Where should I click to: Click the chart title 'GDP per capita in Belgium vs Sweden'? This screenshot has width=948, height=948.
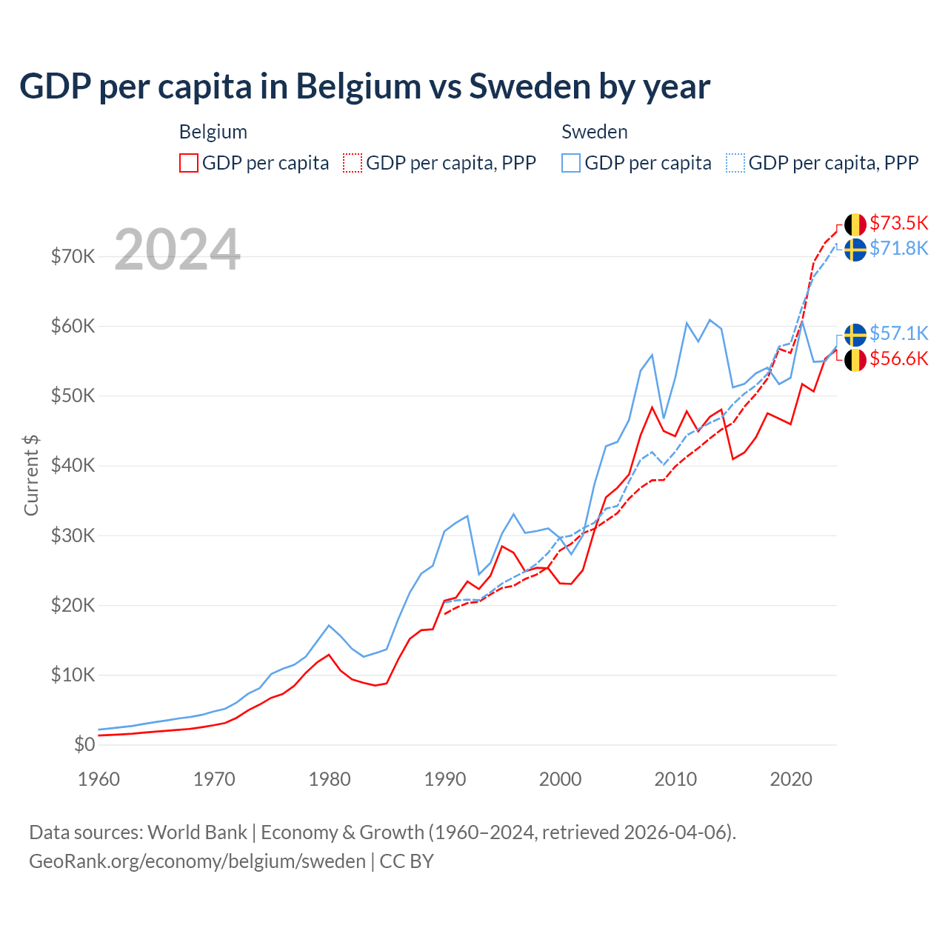point(364,87)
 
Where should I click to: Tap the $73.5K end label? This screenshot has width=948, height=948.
point(898,223)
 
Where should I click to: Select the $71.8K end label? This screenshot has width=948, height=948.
point(898,248)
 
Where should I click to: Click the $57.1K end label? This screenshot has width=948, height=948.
point(898,333)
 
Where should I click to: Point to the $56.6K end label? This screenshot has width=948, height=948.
point(898,359)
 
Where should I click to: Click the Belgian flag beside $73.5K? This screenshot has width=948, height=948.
point(855,224)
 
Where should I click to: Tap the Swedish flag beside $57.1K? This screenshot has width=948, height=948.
point(855,335)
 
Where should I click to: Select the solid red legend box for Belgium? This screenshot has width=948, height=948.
point(189,163)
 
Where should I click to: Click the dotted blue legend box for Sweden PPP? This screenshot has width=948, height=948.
point(735,163)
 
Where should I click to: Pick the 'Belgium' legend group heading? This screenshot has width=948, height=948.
point(213,132)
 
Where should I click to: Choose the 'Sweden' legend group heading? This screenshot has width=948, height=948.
point(595,132)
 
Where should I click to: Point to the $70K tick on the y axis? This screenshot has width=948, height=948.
point(73,257)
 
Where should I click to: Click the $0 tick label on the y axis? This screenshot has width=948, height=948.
point(84,744)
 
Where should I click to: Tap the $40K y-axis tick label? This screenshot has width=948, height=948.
point(73,466)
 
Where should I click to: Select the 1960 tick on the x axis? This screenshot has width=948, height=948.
point(99,779)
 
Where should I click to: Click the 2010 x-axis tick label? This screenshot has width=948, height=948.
point(675,779)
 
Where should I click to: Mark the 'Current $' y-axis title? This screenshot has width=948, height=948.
point(31,475)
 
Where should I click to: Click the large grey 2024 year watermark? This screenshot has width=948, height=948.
point(178,250)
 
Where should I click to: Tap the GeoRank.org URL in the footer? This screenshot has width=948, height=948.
point(197,861)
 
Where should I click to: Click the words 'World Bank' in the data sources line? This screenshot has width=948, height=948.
point(197,832)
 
